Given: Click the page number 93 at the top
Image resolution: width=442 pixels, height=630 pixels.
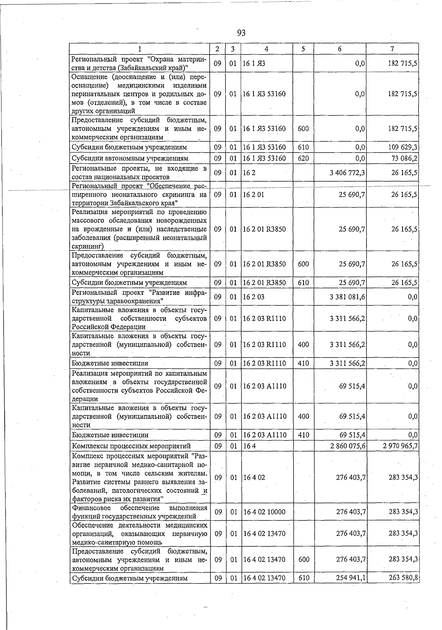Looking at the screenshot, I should [x=241, y=33].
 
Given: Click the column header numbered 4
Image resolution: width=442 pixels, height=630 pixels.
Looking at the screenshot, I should [x=266, y=49].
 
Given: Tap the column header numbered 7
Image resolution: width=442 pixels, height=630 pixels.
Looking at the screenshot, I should [x=392, y=49].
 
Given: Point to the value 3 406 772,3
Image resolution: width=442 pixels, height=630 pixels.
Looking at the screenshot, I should [x=347, y=173].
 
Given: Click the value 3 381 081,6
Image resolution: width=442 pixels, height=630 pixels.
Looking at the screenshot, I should [x=347, y=297].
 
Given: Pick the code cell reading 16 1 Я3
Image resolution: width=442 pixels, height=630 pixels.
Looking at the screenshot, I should [x=254, y=63].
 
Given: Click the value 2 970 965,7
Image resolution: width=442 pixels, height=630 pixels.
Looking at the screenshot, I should [x=400, y=446].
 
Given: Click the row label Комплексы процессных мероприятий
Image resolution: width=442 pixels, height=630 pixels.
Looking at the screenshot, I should [x=131, y=446].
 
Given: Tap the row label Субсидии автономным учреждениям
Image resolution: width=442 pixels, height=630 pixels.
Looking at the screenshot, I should [x=130, y=159].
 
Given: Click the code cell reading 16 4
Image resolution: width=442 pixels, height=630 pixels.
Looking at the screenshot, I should [x=249, y=446].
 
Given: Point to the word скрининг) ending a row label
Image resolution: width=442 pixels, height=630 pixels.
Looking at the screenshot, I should [x=88, y=246].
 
